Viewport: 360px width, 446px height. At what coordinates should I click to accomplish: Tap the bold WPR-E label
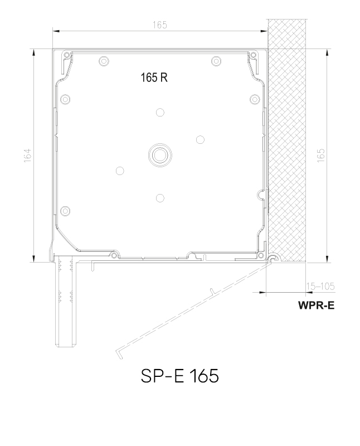(317, 306)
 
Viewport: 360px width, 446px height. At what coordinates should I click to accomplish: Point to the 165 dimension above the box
(160, 25)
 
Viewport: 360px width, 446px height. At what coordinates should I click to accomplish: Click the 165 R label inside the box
(154, 78)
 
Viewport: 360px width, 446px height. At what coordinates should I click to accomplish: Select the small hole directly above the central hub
(160, 112)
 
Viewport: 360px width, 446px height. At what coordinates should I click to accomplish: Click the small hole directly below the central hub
(160, 197)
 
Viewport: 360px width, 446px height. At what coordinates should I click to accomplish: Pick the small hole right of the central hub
(200, 139)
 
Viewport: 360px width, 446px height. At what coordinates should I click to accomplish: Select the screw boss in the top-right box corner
(253, 55)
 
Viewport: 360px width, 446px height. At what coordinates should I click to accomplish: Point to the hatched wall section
(288, 139)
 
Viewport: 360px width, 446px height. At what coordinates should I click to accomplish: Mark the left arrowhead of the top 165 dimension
(56, 32)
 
